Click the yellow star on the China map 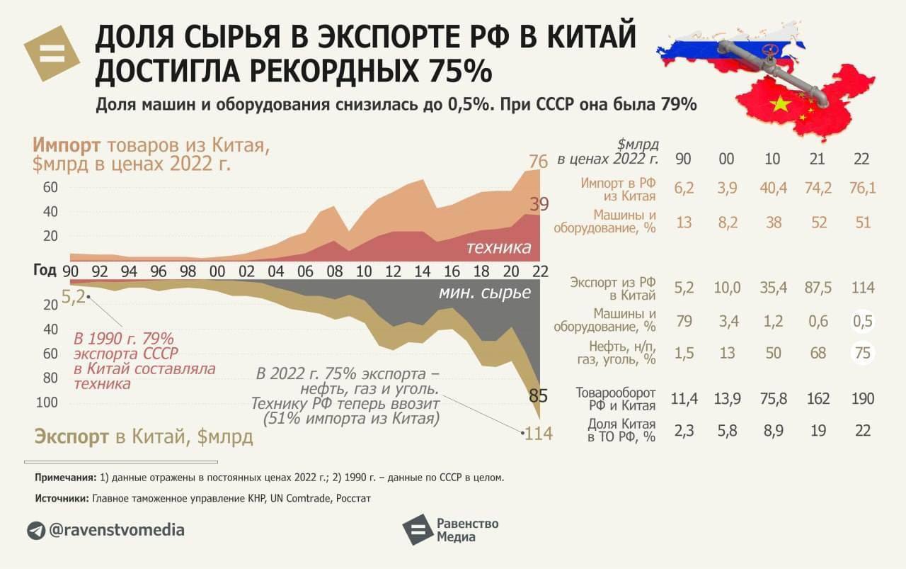tap(779, 105)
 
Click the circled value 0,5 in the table tap(861, 321)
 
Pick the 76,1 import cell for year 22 tap(861, 189)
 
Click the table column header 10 tap(773, 158)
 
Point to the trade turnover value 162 tap(818, 398)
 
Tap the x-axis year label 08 tap(334, 271)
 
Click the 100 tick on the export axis tap(47, 402)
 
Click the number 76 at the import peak tap(538, 162)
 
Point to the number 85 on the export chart tap(539, 395)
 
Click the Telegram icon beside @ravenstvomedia tap(36, 530)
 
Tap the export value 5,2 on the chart tap(73, 296)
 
